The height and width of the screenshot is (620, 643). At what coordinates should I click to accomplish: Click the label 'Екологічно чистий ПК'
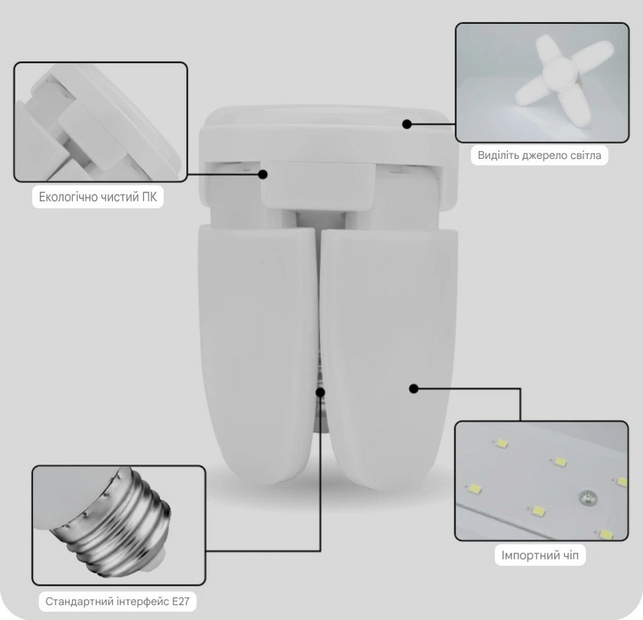tap(98, 197)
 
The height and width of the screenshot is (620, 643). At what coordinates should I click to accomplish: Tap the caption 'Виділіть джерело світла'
tap(539, 156)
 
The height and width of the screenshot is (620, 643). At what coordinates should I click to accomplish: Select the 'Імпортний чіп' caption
tap(540, 556)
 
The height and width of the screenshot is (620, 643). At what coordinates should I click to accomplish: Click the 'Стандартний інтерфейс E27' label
tap(117, 601)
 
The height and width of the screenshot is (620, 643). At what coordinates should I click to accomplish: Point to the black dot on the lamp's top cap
tap(407, 124)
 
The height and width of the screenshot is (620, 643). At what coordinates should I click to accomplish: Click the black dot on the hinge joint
tap(263, 174)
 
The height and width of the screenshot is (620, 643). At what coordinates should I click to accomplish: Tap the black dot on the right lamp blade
tap(413, 388)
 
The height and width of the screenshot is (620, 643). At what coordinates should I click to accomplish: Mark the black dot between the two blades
tap(320, 392)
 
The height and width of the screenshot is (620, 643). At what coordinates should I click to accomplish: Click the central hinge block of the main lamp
tap(318, 187)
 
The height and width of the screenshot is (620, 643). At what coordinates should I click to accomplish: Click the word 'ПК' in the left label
tap(149, 197)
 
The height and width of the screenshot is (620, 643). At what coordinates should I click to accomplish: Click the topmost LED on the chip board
tap(501, 443)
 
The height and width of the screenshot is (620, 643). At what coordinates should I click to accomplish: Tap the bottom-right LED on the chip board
tap(606, 534)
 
